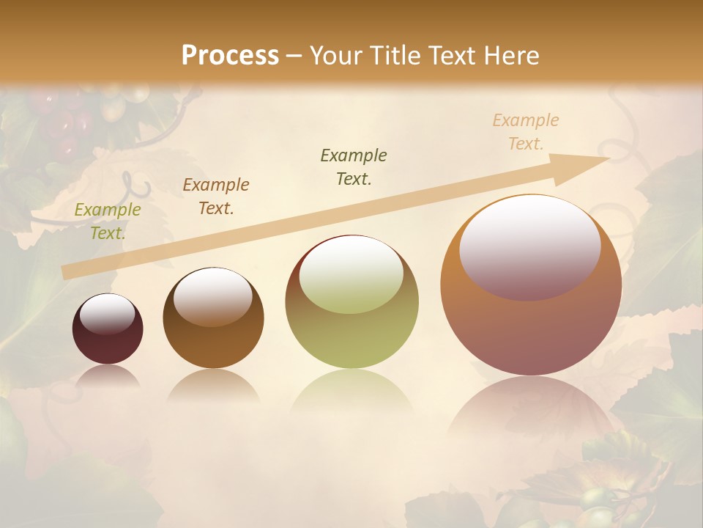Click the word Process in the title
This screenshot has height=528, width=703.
[230, 55]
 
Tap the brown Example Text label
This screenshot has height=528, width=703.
[216, 197]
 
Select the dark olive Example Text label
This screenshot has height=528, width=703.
[354, 166]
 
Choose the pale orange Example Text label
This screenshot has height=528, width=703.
[526, 132]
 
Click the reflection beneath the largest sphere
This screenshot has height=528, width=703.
[531, 411]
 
